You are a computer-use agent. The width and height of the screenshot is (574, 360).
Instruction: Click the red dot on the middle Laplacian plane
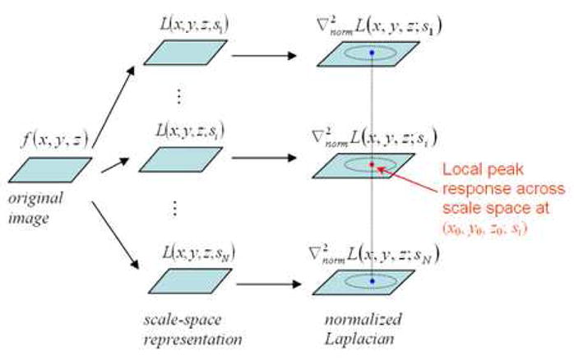pyautogui.click(x=372, y=165)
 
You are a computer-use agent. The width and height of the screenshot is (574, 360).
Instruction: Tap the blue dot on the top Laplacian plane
pyautogui.click(x=372, y=53)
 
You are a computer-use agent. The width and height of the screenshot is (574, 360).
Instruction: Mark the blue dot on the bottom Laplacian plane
pyautogui.click(x=372, y=282)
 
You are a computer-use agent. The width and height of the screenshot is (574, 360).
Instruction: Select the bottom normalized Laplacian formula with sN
pyautogui.click(x=378, y=256)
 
